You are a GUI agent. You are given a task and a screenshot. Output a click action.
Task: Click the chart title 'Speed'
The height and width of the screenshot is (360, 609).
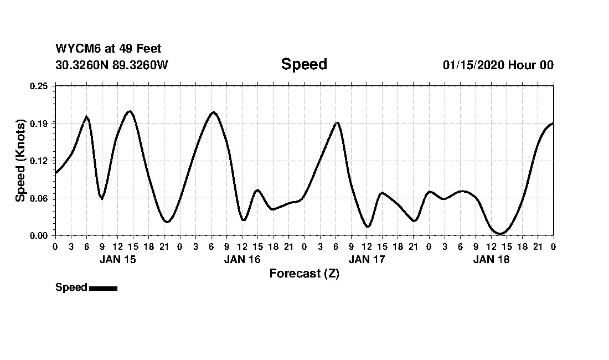[x=304, y=64]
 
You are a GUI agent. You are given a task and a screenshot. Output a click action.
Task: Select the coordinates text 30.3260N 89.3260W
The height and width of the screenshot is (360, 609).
[x=112, y=65]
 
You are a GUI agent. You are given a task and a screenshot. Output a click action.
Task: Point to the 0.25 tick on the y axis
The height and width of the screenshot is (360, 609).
[x=39, y=86]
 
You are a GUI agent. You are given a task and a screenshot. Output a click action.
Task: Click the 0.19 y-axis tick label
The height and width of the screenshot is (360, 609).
[x=39, y=123]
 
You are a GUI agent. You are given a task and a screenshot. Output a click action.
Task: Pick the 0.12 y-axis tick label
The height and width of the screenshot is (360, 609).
[x=39, y=161]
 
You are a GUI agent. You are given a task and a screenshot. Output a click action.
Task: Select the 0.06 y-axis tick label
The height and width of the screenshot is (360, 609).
[x=39, y=198]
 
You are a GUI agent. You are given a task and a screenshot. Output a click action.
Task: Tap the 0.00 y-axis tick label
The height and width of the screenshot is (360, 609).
[x=39, y=236]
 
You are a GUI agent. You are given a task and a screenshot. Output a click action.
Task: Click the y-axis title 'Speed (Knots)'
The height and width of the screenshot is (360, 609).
[x=20, y=161]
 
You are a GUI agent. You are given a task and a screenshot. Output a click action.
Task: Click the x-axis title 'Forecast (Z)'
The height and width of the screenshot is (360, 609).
[x=304, y=274]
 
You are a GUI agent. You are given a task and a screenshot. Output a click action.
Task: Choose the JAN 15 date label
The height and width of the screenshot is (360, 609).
[x=117, y=259]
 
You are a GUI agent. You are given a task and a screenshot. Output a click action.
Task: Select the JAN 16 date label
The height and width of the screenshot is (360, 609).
[x=242, y=259]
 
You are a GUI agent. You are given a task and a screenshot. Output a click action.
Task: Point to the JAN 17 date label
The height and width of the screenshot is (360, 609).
[x=367, y=259]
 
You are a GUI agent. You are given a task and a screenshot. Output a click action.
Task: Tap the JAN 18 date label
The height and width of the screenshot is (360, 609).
[x=491, y=259]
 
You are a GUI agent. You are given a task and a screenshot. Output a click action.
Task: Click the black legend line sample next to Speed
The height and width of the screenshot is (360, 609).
[x=103, y=288]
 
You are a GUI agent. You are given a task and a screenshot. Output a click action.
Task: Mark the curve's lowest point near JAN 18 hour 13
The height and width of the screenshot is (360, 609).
[x=499, y=234]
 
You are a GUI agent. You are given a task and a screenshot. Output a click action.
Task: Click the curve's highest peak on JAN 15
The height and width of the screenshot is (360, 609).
[x=129, y=111]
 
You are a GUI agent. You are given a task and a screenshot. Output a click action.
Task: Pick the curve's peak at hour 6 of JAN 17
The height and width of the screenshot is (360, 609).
[x=337, y=122]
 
